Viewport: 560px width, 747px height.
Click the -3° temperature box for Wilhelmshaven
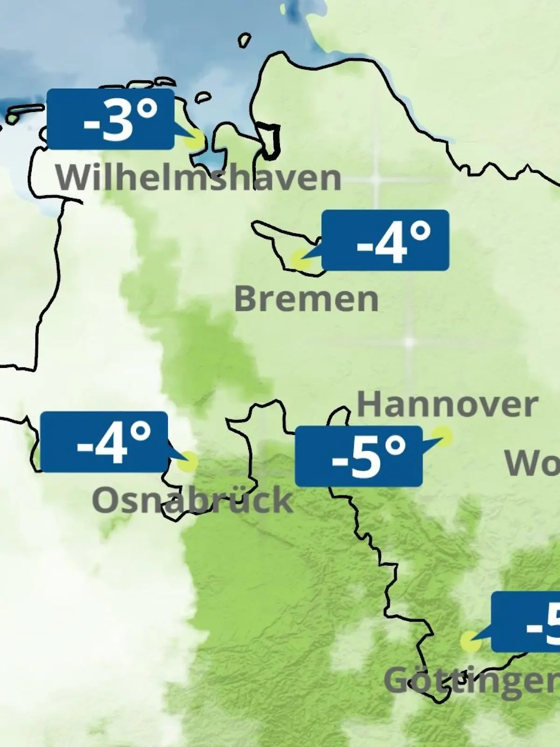(x=111, y=119)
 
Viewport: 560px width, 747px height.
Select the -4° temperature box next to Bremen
(x=385, y=240)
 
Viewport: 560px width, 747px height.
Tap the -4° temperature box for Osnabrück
(x=104, y=442)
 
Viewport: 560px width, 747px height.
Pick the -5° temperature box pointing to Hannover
(x=358, y=456)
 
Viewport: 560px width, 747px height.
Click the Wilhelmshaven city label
(x=199, y=178)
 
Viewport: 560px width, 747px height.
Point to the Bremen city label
(x=306, y=299)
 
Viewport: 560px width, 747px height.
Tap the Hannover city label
(x=448, y=405)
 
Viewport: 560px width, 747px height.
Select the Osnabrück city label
(x=192, y=500)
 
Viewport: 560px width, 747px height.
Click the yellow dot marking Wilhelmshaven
(x=195, y=140)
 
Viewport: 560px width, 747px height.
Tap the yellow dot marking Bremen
(x=300, y=260)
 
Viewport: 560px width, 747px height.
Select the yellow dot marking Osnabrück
(x=188, y=462)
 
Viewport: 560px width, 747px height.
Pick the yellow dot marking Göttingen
(x=470, y=641)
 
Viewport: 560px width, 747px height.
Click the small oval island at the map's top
(x=244, y=40)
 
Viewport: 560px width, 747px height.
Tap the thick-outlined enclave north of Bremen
(x=270, y=140)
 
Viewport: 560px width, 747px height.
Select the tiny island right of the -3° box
(x=203, y=98)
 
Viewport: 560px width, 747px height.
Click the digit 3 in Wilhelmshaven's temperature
(x=119, y=120)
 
